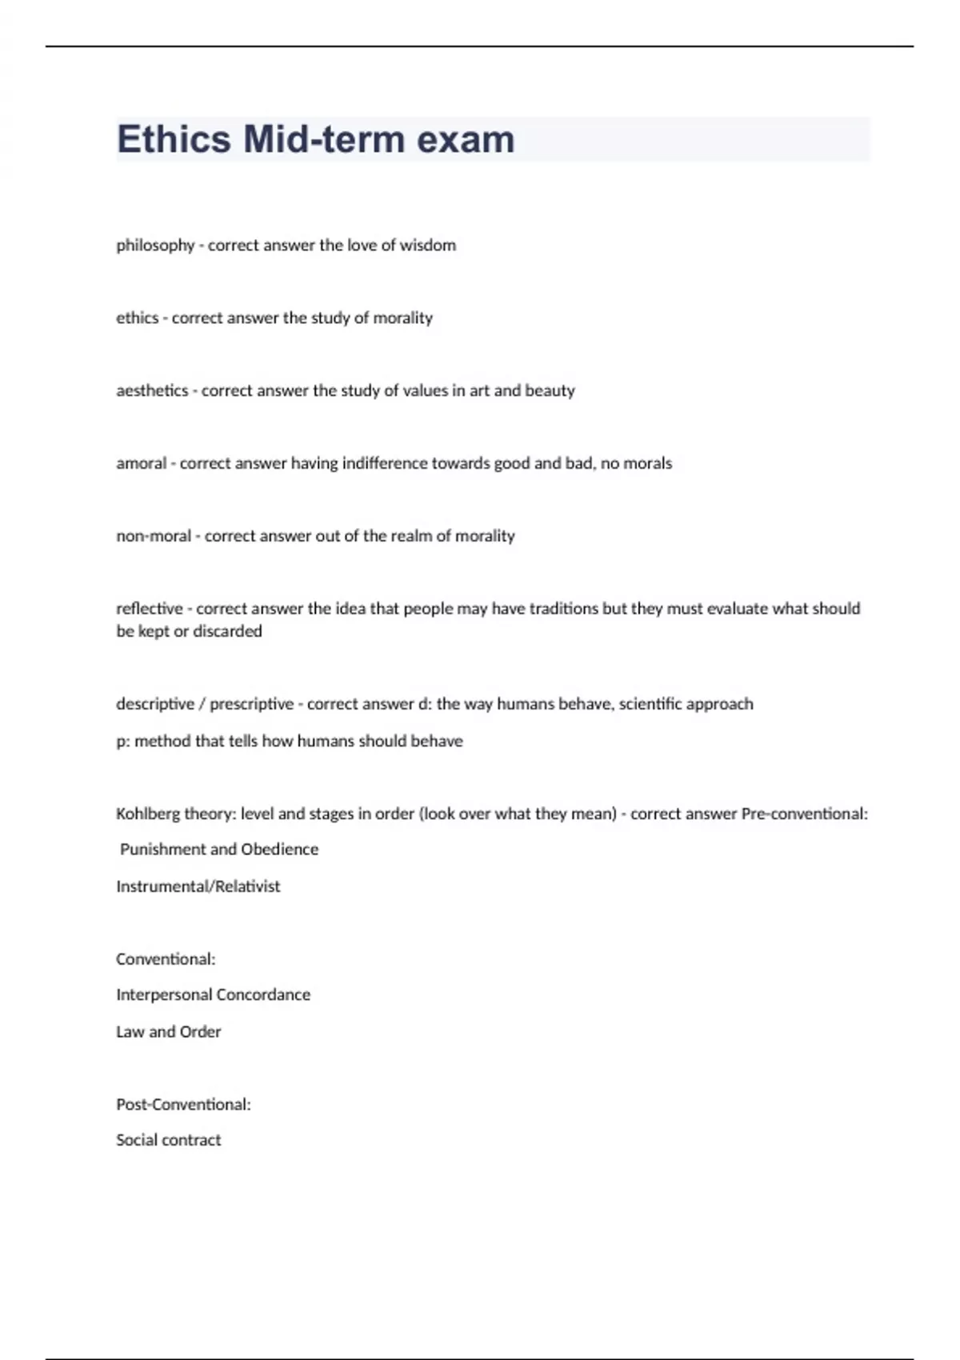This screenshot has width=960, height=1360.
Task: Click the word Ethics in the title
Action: pos(174,139)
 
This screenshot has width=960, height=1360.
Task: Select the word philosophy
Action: pos(155,246)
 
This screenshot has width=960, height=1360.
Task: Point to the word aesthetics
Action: pos(152,390)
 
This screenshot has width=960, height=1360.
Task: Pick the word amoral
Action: pos(142,463)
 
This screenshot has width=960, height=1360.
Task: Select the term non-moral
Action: pos(154,536)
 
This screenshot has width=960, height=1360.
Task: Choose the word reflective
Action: pos(150,609)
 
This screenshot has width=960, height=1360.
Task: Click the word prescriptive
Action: pos(251,704)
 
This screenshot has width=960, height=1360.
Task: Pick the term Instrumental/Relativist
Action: pos(198,886)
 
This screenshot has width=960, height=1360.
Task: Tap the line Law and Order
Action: pos(168,1032)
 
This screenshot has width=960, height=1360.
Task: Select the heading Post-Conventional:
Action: pos(183,1105)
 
